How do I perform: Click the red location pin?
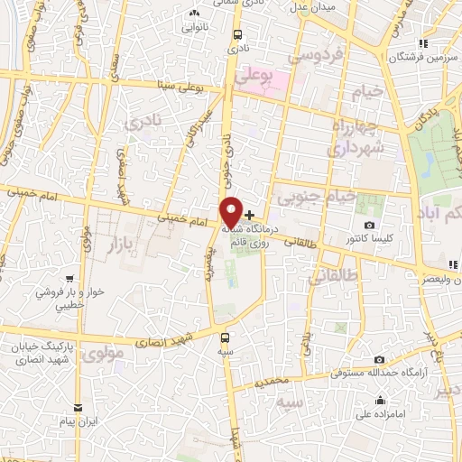[231, 212]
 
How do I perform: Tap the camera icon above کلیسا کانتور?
[369, 225]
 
